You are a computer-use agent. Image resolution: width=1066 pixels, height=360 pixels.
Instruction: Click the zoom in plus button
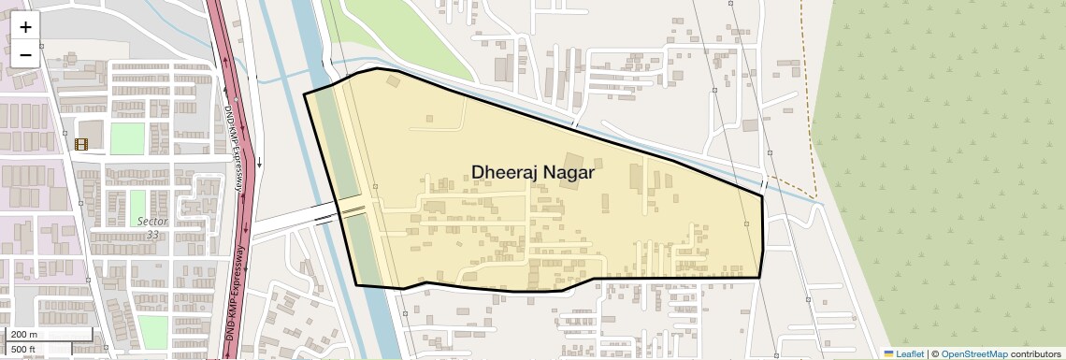tap(25, 27)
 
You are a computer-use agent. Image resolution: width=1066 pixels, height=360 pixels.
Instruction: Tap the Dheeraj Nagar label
tap(533, 173)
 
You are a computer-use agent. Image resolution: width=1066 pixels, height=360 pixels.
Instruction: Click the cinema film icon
tap(81, 144)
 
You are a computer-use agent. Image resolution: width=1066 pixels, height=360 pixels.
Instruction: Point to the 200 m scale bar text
tap(24, 335)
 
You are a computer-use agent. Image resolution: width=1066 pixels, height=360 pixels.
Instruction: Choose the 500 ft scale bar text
tap(24, 350)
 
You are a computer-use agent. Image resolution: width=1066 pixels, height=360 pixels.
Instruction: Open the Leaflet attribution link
tap(903, 353)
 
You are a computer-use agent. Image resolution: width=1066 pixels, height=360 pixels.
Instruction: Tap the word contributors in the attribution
tap(1036, 353)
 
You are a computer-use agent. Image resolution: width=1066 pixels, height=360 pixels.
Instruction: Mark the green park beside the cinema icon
tap(127, 138)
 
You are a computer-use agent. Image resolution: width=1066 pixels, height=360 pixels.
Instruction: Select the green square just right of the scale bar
tap(152, 331)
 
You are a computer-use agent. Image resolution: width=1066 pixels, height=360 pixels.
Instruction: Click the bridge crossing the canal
tap(353, 211)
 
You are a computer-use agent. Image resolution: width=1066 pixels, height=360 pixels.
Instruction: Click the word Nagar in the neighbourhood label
tap(567, 173)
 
